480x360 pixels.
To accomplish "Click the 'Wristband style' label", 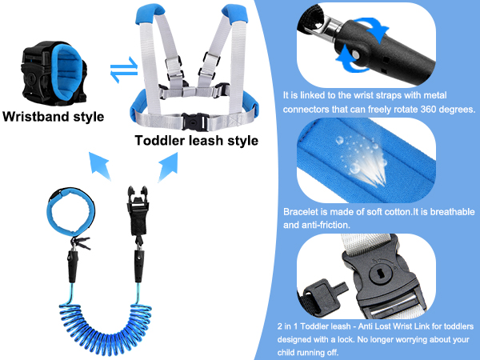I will [x=53, y=117].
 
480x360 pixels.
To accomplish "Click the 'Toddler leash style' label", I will [x=197, y=141].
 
